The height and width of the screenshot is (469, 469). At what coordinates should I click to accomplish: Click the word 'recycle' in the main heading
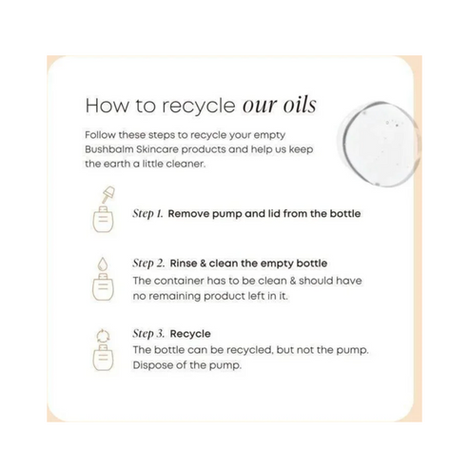pyautogui.click(x=199, y=106)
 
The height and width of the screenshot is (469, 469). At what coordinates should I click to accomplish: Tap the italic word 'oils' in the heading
pyautogui.click(x=300, y=105)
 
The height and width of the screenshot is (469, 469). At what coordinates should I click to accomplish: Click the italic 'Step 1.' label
pyautogui.click(x=147, y=214)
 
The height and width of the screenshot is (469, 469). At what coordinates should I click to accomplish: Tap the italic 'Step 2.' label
pyautogui.click(x=148, y=264)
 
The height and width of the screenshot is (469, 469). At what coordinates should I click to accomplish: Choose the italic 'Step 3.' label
pyautogui.click(x=148, y=334)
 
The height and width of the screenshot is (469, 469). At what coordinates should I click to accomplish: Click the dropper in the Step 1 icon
pyautogui.click(x=107, y=195)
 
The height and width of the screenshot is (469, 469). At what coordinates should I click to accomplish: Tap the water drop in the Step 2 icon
pyautogui.click(x=103, y=264)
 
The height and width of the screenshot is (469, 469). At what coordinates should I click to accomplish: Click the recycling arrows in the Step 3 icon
pyautogui.click(x=103, y=336)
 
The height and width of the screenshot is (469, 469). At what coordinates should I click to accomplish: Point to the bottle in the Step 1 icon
pyautogui.click(x=103, y=219)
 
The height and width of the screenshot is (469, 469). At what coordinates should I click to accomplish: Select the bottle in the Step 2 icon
pyautogui.click(x=103, y=287)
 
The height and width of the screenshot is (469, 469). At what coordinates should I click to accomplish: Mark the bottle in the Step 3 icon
pyautogui.click(x=103, y=358)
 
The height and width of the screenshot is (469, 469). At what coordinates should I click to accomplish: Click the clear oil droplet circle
pyautogui.click(x=380, y=145)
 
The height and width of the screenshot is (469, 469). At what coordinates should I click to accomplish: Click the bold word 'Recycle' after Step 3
pyautogui.click(x=190, y=334)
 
